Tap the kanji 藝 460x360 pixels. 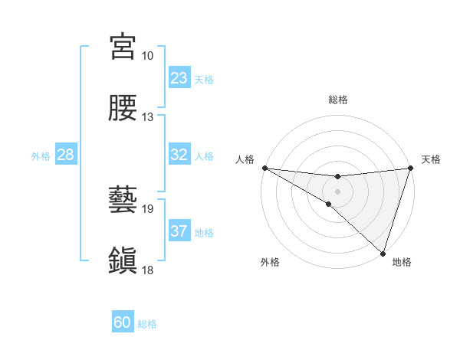pyautogui.click(x=123, y=200)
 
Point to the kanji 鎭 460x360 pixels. pyautogui.click(x=123, y=260)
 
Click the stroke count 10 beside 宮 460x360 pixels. pyautogui.click(x=147, y=56)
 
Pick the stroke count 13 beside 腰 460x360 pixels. pyautogui.click(x=147, y=117)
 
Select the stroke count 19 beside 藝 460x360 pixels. pyautogui.click(x=147, y=208)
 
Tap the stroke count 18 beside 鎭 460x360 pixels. pyautogui.click(x=147, y=270)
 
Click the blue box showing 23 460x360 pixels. pyautogui.click(x=179, y=77)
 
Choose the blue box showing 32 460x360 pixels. pyautogui.click(x=179, y=155)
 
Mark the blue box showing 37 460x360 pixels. pyautogui.click(x=179, y=231)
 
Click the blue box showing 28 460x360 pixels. pyautogui.click(x=66, y=155)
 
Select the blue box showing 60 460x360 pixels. pyautogui.click(x=123, y=322)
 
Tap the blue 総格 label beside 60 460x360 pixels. pyautogui.click(x=147, y=324)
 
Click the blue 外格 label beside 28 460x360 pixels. pyautogui.click(x=41, y=156)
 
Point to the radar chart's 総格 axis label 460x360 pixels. pyautogui.click(x=338, y=100)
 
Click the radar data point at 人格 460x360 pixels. pyautogui.click(x=264, y=167)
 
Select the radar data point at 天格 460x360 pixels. pyautogui.click(x=410, y=167)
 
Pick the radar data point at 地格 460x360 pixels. pyautogui.click(x=383, y=252)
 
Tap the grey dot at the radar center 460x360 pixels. pyautogui.click(x=337, y=191)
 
